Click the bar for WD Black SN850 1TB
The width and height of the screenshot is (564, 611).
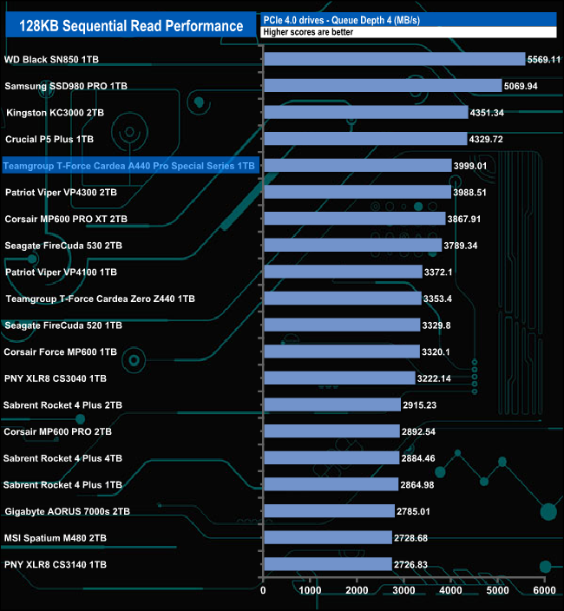click(394, 59)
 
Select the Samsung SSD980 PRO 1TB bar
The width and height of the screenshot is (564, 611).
click(382, 86)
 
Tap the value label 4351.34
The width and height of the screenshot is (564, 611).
click(488, 113)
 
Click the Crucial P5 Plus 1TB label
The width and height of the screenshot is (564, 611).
click(49, 139)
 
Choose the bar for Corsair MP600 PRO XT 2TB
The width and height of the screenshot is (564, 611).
click(354, 219)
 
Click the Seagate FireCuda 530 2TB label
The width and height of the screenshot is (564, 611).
click(63, 246)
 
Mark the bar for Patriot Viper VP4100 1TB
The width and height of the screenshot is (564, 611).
click(342, 272)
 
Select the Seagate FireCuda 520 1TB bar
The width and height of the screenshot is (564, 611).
click(341, 325)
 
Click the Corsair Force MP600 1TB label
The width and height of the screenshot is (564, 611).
click(61, 351)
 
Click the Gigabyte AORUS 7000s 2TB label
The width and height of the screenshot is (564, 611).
click(67, 511)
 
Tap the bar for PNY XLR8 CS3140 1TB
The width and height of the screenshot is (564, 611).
click(327, 564)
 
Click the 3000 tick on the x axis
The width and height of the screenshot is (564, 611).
click(403, 591)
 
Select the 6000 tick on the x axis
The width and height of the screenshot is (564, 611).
click(543, 591)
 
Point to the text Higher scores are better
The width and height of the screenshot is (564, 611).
click(307, 32)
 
